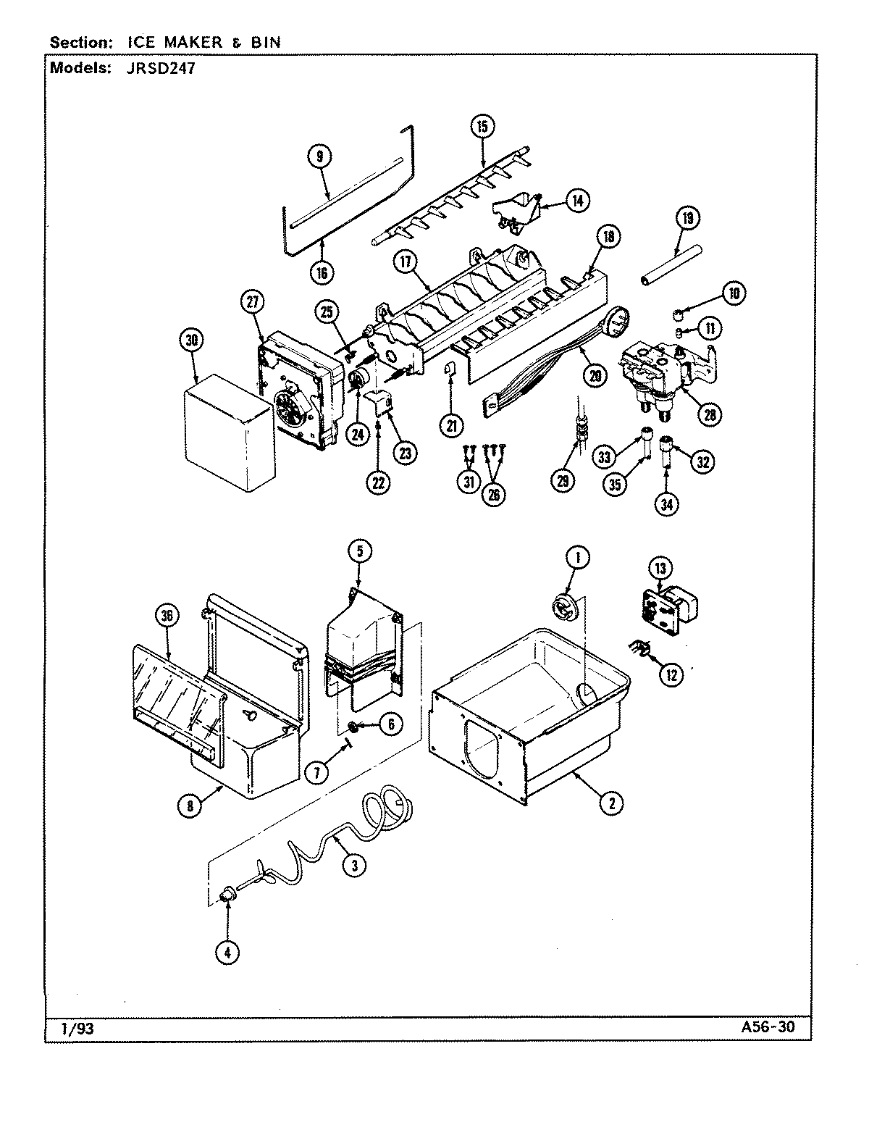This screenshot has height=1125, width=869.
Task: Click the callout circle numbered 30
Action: click(195, 341)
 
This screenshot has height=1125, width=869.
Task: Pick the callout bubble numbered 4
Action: click(227, 953)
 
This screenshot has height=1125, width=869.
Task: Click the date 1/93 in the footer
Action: click(69, 1029)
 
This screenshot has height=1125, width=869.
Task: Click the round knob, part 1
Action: click(565, 606)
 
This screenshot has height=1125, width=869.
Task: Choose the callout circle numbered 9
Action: click(319, 155)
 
